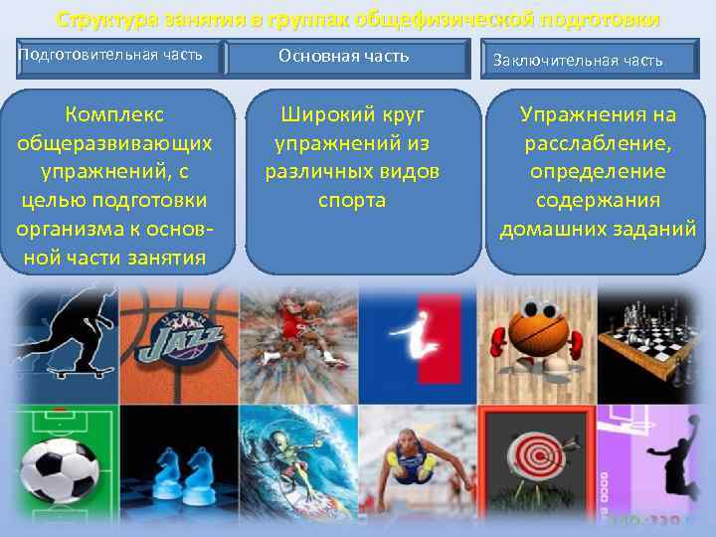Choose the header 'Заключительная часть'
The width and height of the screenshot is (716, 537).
tap(578, 61)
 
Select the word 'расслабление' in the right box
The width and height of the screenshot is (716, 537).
tap(597, 143)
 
